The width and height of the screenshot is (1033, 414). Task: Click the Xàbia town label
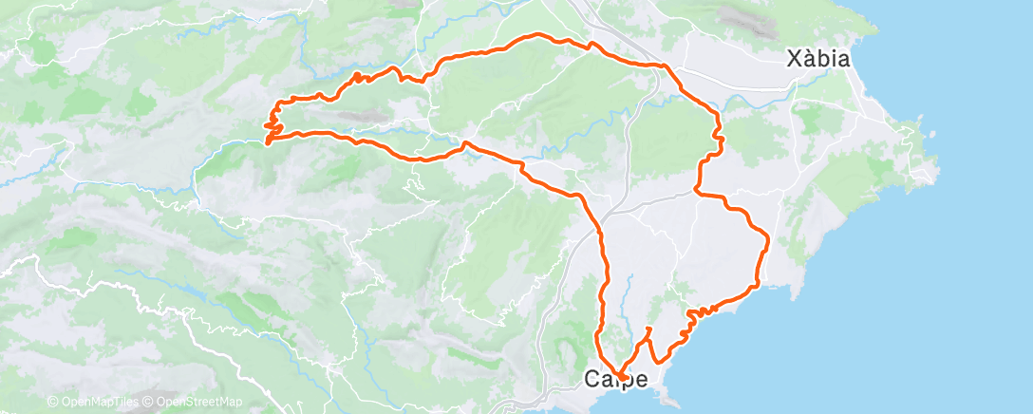(817, 58)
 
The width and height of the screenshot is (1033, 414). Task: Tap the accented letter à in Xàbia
(809, 58)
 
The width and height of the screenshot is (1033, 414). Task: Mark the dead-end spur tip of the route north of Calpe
(648, 329)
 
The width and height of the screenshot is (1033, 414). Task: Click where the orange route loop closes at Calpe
(621, 377)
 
